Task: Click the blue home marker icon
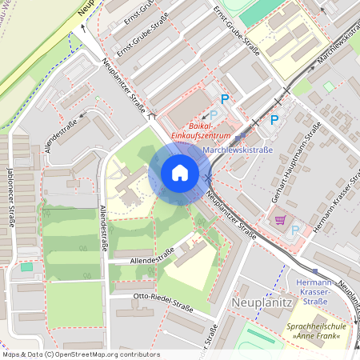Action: pyautogui.click(x=179, y=173)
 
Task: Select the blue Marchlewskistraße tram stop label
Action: pyautogui.click(x=238, y=150)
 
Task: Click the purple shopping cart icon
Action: pyautogui.click(x=280, y=220)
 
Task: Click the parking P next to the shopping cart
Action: pyautogui.click(x=294, y=230)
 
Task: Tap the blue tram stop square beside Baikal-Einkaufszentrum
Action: pyautogui.click(x=238, y=138)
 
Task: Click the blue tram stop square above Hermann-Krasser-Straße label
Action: pyautogui.click(x=315, y=271)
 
